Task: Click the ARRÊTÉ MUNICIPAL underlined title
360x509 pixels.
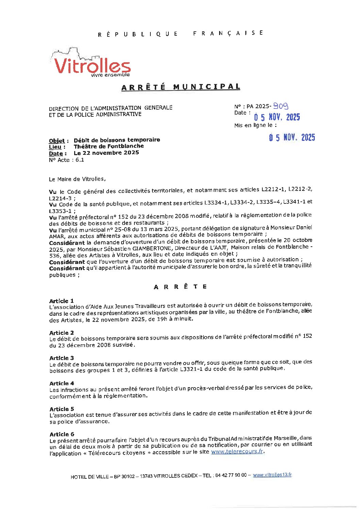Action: [181, 87]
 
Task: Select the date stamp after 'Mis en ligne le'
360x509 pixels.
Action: [292, 137]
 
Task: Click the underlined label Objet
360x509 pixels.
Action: [57, 141]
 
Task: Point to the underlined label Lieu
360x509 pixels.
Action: [55, 147]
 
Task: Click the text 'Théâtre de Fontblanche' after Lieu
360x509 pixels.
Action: [109, 146]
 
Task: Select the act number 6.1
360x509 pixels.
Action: [80, 160]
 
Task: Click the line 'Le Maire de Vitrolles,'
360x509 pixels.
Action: [77, 179]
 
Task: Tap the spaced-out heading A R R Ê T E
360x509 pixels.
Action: [180, 287]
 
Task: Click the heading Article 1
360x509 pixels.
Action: [61, 301]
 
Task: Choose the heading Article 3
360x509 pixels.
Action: [62, 358]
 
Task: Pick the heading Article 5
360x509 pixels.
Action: [62, 409]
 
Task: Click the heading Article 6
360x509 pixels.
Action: [62, 434]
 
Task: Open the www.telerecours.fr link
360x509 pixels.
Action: [237, 451]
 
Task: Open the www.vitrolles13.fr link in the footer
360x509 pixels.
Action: [272, 475]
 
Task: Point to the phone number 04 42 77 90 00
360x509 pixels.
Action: [231, 475]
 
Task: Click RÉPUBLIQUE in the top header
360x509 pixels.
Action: [138, 34]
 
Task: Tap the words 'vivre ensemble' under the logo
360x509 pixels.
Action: [110, 75]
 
